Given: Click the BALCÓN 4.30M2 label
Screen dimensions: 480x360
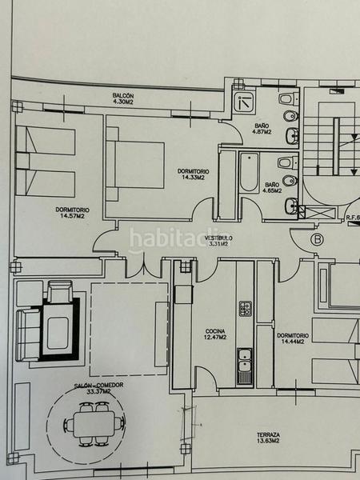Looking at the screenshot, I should coord(122,99).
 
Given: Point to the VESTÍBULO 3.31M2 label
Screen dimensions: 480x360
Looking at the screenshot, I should coord(217,242).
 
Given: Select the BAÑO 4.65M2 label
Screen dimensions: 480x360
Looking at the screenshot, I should coord(272,189).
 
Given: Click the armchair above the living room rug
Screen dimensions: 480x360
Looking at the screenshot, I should coord(60,291).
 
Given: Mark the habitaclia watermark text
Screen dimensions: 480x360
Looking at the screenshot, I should coord(179,238).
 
